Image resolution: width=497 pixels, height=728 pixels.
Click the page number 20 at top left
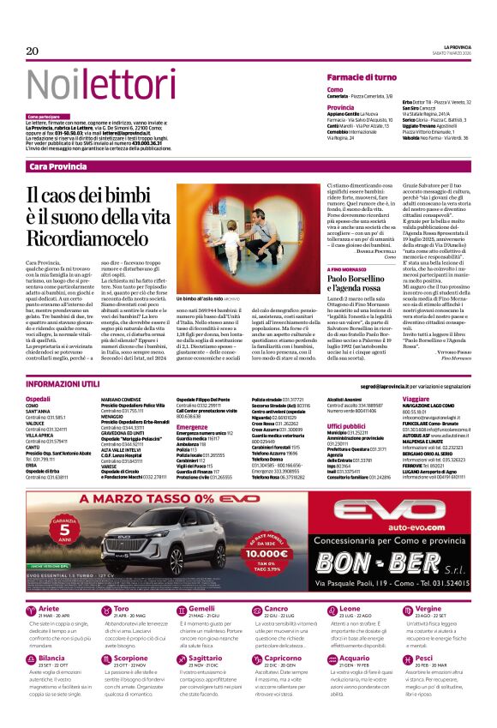pos(33,51)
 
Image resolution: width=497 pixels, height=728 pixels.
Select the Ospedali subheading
pos(39,400)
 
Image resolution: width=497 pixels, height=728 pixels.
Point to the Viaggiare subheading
pos(416,400)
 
